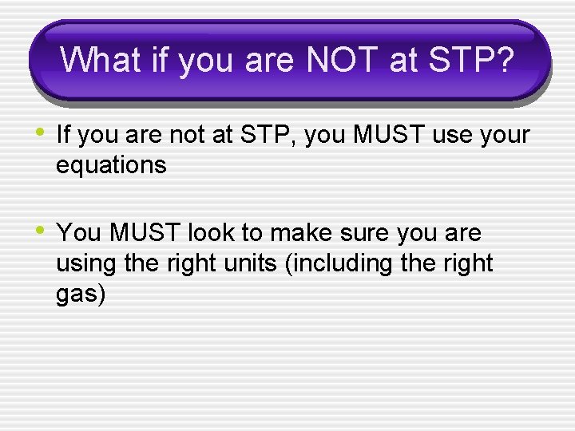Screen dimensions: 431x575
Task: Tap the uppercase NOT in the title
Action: point(339,61)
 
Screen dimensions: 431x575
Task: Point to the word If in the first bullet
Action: point(65,135)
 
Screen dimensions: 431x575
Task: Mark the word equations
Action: point(111,165)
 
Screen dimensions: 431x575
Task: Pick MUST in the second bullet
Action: point(145,233)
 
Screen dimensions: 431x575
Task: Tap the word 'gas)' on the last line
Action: point(81,295)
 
